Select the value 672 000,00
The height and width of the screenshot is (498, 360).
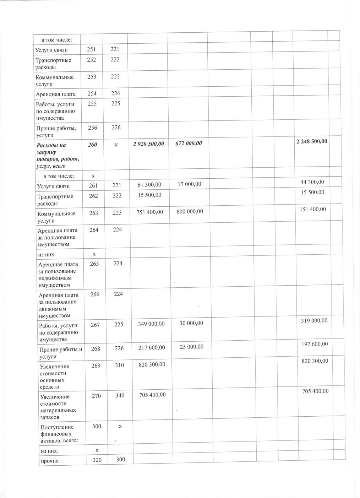pyautogui.click(x=189, y=143)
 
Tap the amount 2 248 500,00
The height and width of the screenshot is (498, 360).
pyautogui.click(x=311, y=141)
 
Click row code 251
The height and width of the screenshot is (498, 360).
pyautogui.click(x=92, y=49)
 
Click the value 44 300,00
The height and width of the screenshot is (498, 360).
pyautogui.click(x=314, y=182)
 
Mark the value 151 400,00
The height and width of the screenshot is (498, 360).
pyautogui.click(x=313, y=209)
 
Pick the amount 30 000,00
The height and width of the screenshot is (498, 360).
pyautogui.click(x=191, y=323)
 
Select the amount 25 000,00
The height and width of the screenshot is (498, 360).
pyautogui.click(x=191, y=347)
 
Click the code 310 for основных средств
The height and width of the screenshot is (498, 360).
pyautogui.click(x=119, y=365)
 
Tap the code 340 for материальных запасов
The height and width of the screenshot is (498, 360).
pyautogui.click(x=120, y=395)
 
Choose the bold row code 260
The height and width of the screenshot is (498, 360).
pyautogui.click(x=93, y=145)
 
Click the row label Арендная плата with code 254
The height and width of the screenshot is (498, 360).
pyautogui.click(x=56, y=94)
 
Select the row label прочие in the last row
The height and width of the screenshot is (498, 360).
pyautogui.click(x=50, y=461)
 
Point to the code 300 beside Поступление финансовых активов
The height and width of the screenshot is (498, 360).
pyautogui.click(x=97, y=426)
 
